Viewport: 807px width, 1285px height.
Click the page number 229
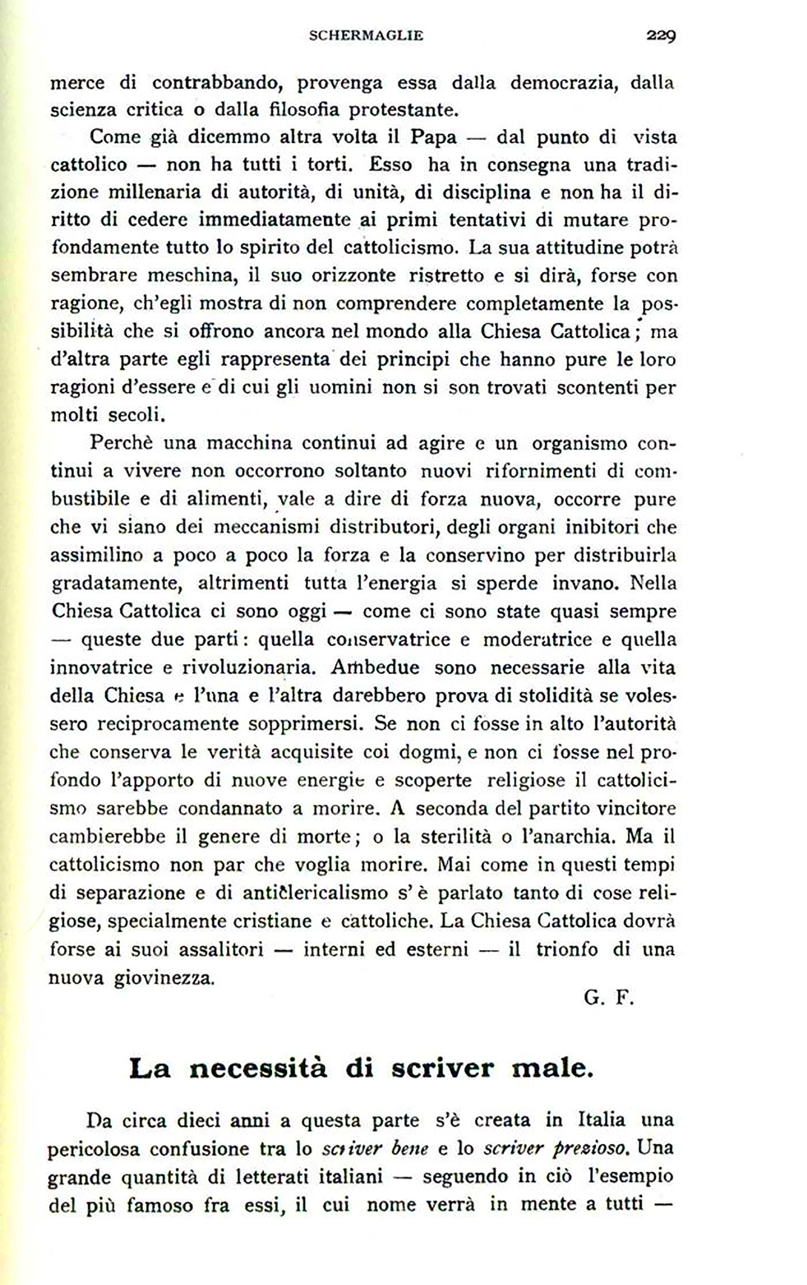pyautogui.click(x=661, y=36)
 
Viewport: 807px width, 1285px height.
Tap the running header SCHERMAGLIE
pyautogui.click(x=366, y=36)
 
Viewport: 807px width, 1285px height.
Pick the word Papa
pyautogui.click(x=434, y=138)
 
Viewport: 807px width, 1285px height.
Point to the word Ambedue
pyautogui.click(x=374, y=668)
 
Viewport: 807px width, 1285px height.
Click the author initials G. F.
pyautogui.click(x=608, y=997)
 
